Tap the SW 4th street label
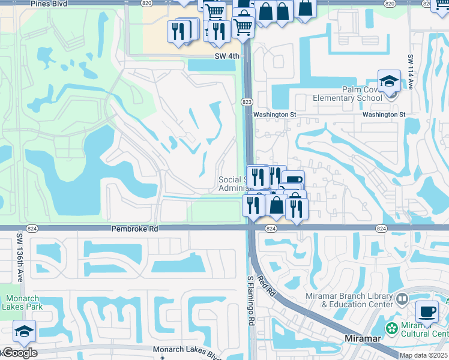pos(227,56)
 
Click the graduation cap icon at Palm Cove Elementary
pos(389,81)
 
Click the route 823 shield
pos(247,101)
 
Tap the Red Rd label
pos(265,286)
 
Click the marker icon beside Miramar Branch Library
pos(402,298)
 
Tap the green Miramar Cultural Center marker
pos(392,328)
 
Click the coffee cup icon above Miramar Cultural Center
pos(427,312)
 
